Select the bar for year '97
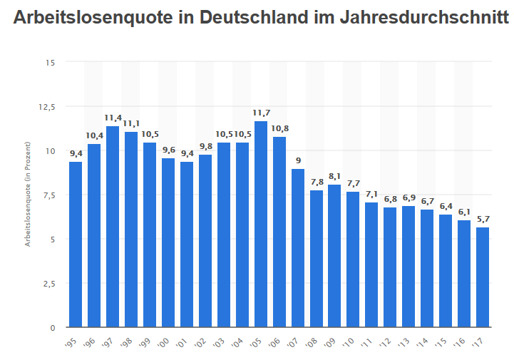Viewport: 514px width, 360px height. pyautogui.click(x=113, y=227)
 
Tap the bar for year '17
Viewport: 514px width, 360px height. pyautogui.click(x=483, y=277)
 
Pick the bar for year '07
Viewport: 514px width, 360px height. pyautogui.click(x=298, y=248)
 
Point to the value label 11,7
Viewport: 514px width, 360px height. pyautogui.click(x=261, y=113)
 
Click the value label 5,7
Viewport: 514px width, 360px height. pyautogui.click(x=483, y=219)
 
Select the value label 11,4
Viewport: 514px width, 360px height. pyautogui.click(x=113, y=118)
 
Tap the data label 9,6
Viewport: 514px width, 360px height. pyautogui.click(x=168, y=150)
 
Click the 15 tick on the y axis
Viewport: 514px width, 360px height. pyautogui.click(x=50, y=63)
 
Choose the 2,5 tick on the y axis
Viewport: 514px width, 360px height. pyautogui.click(x=48, y=284)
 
